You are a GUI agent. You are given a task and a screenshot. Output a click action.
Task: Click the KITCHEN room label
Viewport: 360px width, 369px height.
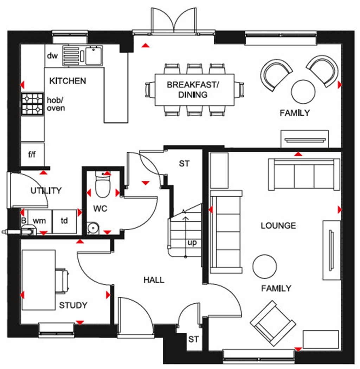(67, 81)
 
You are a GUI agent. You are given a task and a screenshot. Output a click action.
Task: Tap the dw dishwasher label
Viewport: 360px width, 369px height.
(52, 56)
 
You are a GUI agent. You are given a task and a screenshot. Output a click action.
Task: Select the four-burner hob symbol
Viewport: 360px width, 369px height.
(33, 104)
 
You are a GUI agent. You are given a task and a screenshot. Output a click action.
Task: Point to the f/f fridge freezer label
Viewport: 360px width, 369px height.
(32, 154)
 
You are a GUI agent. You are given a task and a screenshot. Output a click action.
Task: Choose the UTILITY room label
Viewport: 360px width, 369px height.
(46, 191)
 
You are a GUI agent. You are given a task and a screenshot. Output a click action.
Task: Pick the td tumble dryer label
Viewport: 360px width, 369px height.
(64, 221)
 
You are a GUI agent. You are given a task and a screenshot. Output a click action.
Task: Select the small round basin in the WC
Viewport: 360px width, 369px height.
(93, 228)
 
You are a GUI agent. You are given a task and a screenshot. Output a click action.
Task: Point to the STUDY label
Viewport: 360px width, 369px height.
(73, 305)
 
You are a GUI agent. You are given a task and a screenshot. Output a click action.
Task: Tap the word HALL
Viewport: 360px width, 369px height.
(154, 280)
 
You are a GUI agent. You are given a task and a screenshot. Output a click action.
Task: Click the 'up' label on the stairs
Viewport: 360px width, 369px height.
(192, 243)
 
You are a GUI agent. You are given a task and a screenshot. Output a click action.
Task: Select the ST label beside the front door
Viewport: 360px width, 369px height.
(193, 340)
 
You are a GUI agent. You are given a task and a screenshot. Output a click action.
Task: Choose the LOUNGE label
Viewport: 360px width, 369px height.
(278, 225)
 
